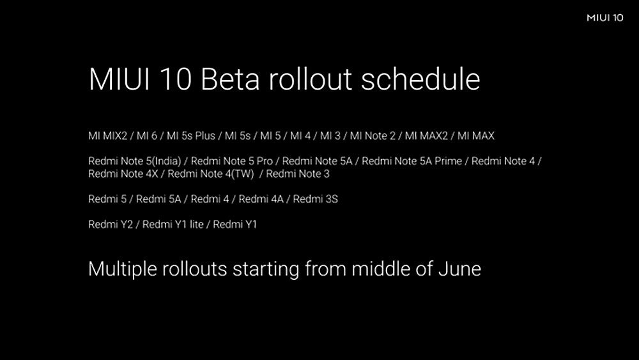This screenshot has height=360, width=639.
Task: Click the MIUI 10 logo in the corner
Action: [x=604, y=17]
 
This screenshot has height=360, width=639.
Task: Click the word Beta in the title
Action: [x=230, y=79]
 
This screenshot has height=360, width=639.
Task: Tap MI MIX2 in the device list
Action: [x=107, y=136]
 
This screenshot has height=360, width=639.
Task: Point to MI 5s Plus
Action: [x=190, y=136]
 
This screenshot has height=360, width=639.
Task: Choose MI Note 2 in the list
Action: [x=373, y=136]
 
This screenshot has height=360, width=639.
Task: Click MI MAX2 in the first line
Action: [x=426, y=136]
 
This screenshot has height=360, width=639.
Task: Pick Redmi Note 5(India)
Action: [x=134, y=161]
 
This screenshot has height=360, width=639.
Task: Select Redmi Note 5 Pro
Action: [x=232, y=161]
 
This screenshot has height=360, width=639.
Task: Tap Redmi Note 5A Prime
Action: [x=412, y=161]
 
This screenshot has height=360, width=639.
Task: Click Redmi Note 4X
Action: [x=123, y=174]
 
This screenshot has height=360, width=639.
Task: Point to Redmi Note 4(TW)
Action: [x=211, y=174]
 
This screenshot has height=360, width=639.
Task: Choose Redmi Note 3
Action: [x=298, y=174]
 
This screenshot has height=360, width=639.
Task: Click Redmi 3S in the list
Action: [x=316, y=199]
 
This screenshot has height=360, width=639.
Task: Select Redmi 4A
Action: [x=261, y=199]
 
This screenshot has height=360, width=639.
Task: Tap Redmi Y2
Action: [x=111, y=224]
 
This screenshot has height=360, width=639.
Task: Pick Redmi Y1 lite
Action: [x=173, y=224]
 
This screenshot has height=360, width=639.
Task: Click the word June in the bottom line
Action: [x=459, y=269]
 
